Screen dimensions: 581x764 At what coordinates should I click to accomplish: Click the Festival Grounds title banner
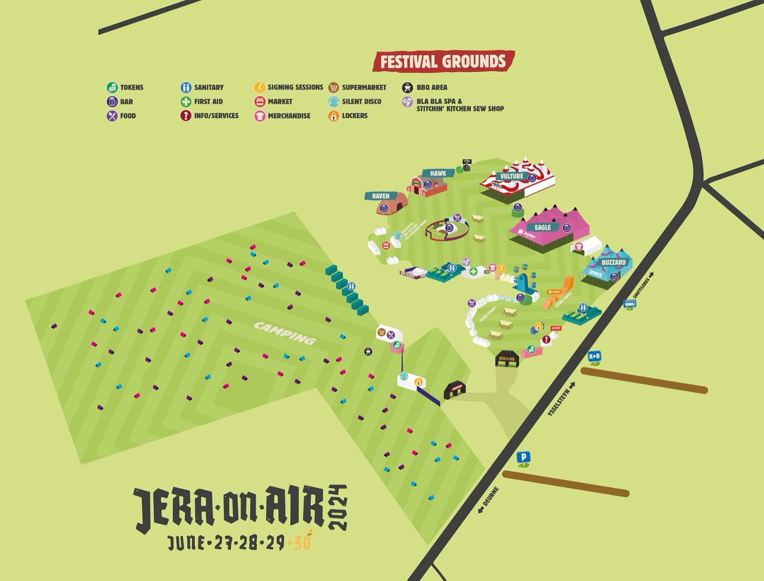pyautogui.click(x=443, y=61)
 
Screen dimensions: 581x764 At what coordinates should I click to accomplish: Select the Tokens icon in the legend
pyautogui.click(x=112, y=87)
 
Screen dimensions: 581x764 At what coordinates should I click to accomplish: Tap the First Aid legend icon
pyautogui.click(x=186, y=102)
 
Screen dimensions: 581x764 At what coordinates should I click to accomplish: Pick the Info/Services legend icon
pyautogui.click(x=186, y=116)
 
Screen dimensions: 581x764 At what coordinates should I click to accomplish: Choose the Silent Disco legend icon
pyautogui.click(x=333, y=102)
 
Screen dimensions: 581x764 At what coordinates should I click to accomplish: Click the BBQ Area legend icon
pyautogui.click(x=407, y=87)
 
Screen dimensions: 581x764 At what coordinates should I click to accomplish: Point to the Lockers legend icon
pyautogui.click(x=333, y=116)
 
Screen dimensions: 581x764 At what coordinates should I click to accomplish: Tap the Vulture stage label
pyautogui.click(x=511, y=176)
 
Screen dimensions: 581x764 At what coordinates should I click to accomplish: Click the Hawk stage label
pyautogui.click(x=438, y=173)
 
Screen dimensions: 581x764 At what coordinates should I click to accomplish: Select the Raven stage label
pyautogui.click(x=380, y=196)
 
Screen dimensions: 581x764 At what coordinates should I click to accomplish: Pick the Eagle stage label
pyautogui.click(x=542, y=227)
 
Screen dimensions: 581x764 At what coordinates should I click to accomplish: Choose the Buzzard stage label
pyautogui.click(x=613, y=262)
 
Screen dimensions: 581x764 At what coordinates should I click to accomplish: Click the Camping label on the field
pyautogui.click(x=285, y=333)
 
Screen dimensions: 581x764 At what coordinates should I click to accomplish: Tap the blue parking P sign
pyautogui.click(x=524, y=457)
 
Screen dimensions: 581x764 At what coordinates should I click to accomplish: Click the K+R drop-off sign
pyautogui.click(x=594, y=357)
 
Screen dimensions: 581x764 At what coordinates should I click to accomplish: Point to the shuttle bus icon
pyautogui.click(x=629, y=304)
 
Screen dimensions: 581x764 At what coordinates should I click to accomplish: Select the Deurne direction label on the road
pyautogui.click(x=488, y=500)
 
